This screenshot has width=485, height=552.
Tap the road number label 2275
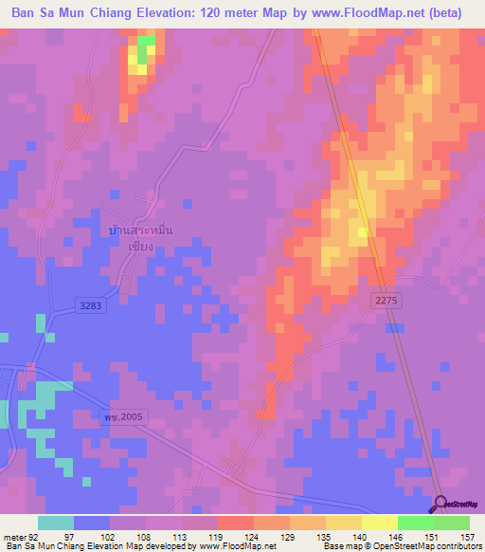(383, 299)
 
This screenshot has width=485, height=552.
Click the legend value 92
(34, 536)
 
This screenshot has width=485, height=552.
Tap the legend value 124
(252, 536)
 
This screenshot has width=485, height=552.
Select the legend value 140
(361, 536)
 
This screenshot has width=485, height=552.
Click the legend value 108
(144, 536)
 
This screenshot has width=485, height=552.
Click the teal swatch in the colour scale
(56, 523)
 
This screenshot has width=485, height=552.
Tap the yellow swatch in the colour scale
(379, 523)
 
